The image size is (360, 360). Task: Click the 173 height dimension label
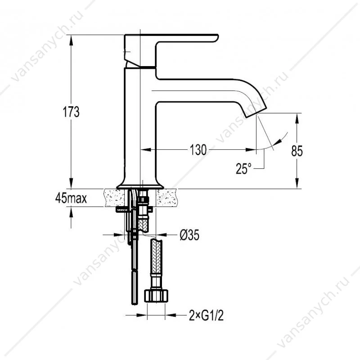[x=71, y=112]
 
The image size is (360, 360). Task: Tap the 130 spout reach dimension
[x=198, y=150]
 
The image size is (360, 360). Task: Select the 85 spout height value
[x=297, y=151]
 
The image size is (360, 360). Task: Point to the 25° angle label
[x=243, y=169]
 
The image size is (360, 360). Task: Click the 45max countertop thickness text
[x=71, y=198]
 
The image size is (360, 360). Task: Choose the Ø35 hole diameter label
[x=189, y=235]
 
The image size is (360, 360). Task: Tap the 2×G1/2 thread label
[x=206, y=315]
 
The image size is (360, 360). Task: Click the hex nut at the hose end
[x=156, y=296]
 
